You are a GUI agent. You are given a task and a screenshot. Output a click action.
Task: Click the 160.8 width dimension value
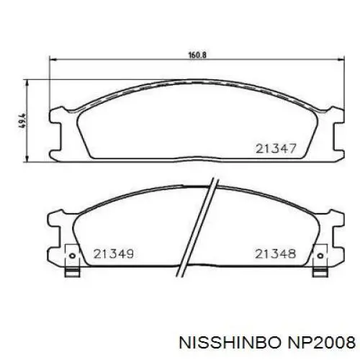pyautogui.click(x=197, y=55)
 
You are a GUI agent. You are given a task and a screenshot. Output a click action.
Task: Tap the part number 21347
pyautogui.click(x=276, y=149)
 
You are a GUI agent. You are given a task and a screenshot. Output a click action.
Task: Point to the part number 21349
pyautogui.click(x=114, y=254)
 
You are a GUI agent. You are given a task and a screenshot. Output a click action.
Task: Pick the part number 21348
pyautogui.click(x=275, y=254)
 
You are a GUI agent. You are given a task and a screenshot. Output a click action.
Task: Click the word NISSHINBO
pyautogui.click(x=230, y=342)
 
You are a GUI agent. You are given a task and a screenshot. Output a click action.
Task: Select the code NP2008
pyautogui.click(x=322, y=342)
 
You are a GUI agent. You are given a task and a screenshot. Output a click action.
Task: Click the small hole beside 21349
pyautogui.click(x=72, y=256)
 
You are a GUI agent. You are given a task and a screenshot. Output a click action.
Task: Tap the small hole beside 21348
pyautogui.click(x=320, y=256)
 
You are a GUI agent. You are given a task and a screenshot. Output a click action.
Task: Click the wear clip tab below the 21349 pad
pyautogui.click(x=72, y=272)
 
